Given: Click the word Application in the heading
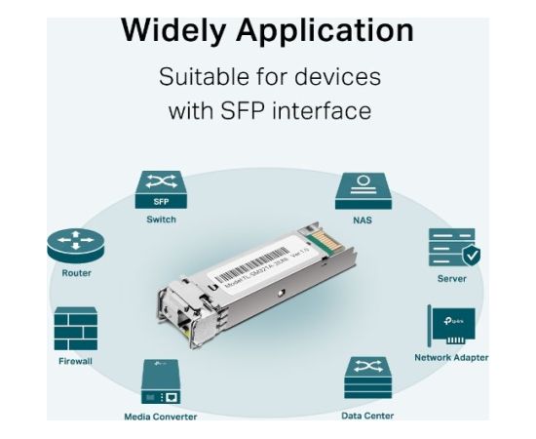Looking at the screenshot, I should pos(332,31).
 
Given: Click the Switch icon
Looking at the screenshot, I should pos(161,189).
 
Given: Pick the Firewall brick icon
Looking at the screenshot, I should pos(76,329).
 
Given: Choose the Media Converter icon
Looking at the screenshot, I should pos(160,383).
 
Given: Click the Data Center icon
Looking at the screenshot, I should pos(366,378).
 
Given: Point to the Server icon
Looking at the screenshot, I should pos(452,248).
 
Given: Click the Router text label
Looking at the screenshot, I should pos(76,273).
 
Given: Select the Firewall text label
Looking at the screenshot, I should pos(76,361).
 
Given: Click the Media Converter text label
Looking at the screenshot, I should pos(160,417).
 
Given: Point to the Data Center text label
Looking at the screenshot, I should pos(366,416).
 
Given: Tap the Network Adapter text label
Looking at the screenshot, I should pos(451,358).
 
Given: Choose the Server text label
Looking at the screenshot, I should pos(452,279).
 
